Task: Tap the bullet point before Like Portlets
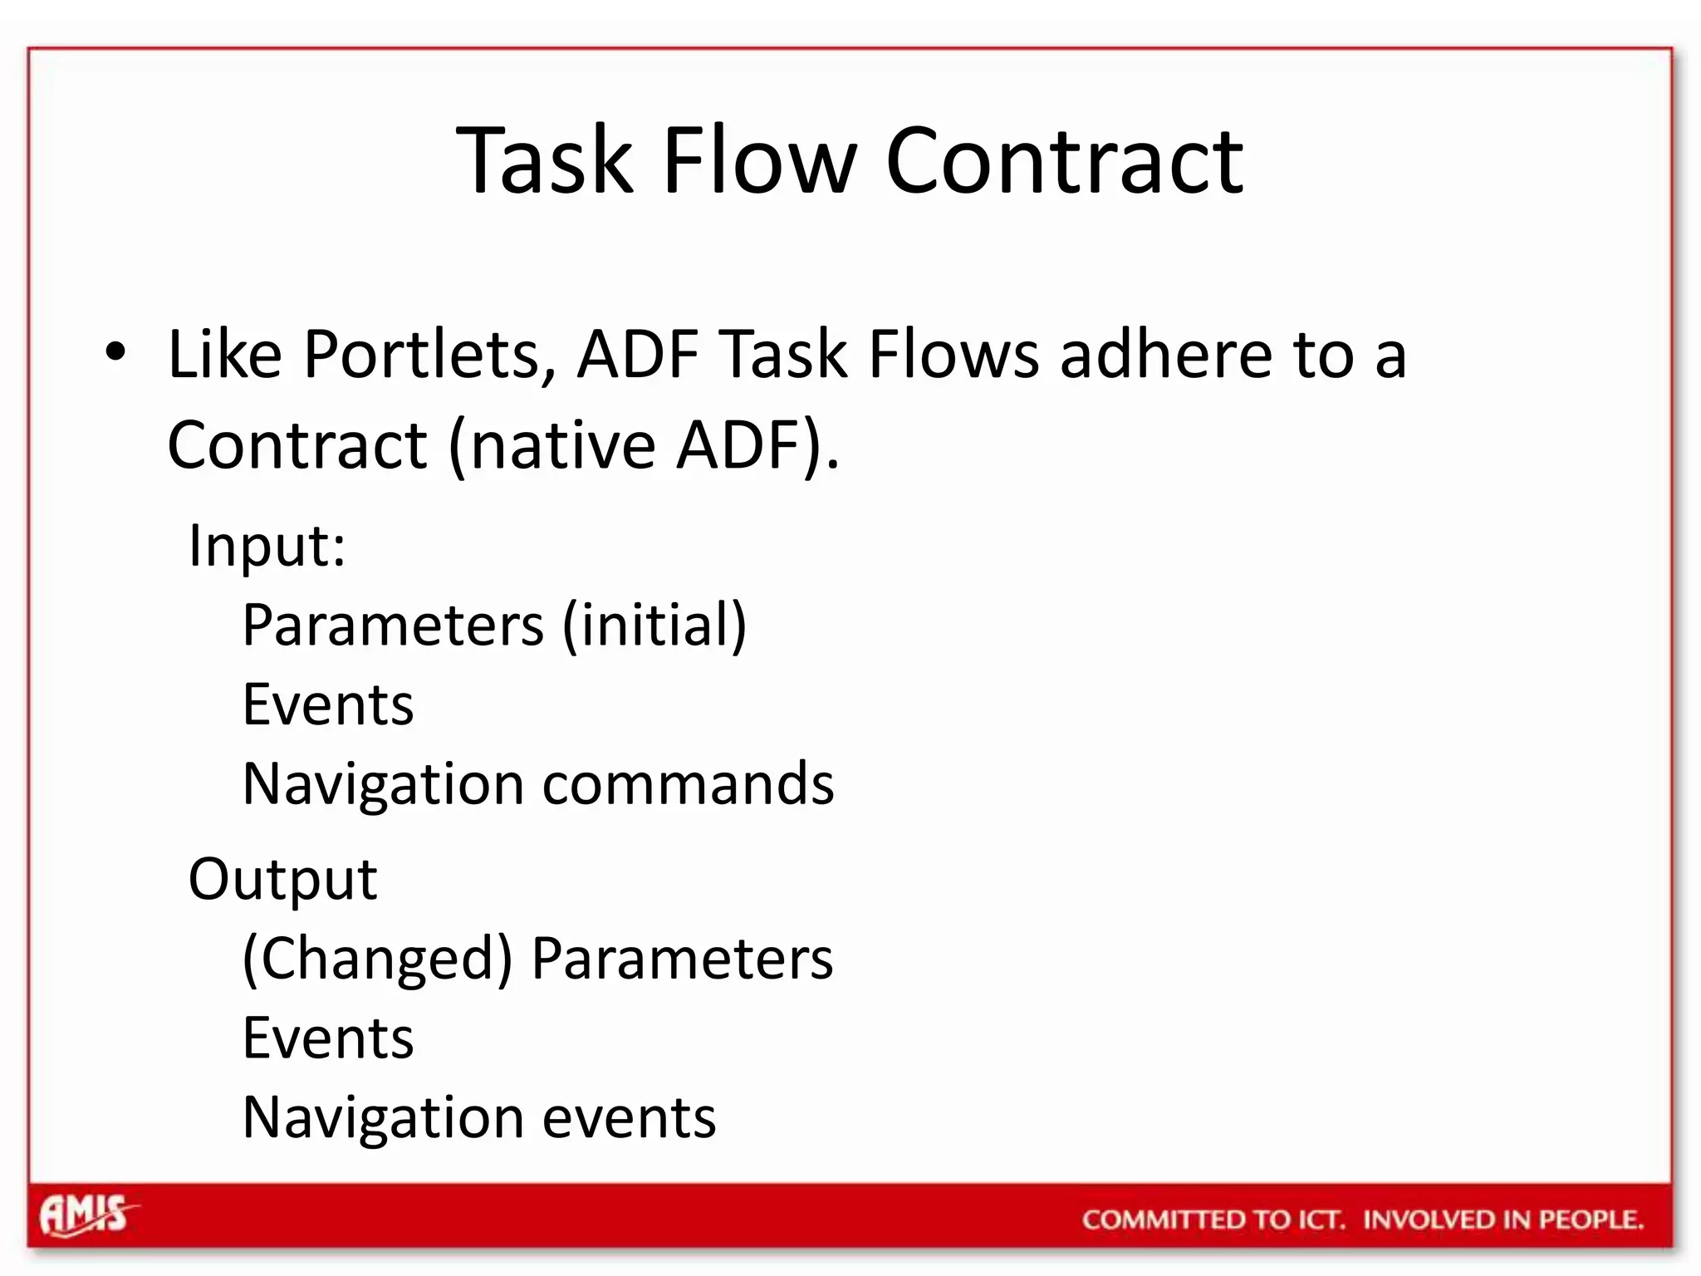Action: click(115, 352)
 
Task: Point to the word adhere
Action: click(1164, 356)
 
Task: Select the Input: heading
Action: click(267, 546)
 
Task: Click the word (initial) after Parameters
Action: click(654, 626)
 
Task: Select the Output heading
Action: click(282, 879)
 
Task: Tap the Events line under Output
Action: click(327, 1038)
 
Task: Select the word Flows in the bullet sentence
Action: click(953, 356)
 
